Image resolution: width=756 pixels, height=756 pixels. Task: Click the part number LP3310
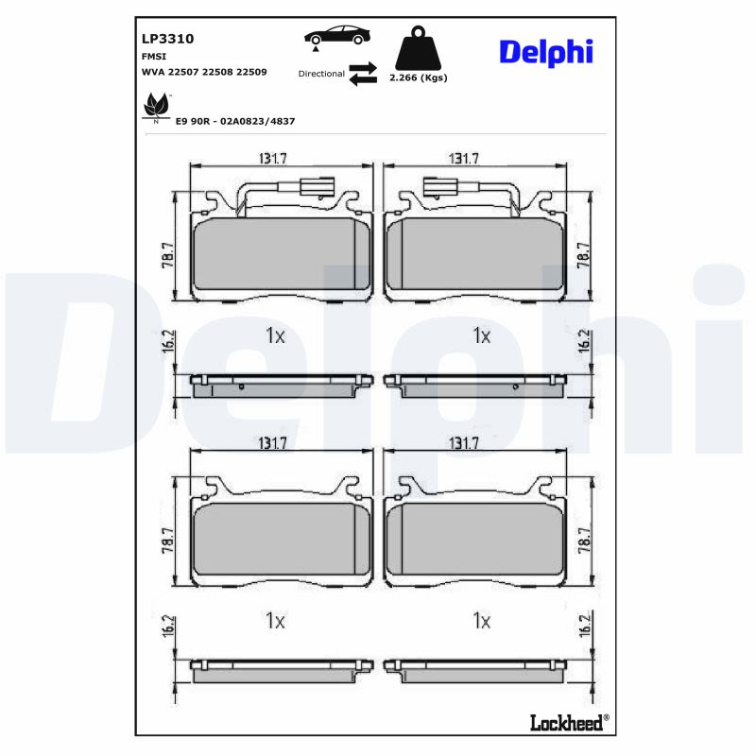pyautogui.click(x=168, y=39)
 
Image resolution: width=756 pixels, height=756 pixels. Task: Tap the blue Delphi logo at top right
pyautogui.click(x=546, y=52)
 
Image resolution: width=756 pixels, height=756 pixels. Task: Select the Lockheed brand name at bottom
pyautogui.click(x=566, y=723)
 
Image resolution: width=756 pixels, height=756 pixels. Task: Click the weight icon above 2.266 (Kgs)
pyautogui.click(x=418, y=48)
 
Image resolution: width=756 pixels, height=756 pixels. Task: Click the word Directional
pyautogui.click(x=321, y=74)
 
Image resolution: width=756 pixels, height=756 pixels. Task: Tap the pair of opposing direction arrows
pyautogui.click(x=363, y=74)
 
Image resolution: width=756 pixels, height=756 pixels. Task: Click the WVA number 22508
pyautogui.click(x=217, y=72)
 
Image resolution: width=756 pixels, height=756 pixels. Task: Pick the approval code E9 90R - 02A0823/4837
pyautogui.click(x=235, y=122)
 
